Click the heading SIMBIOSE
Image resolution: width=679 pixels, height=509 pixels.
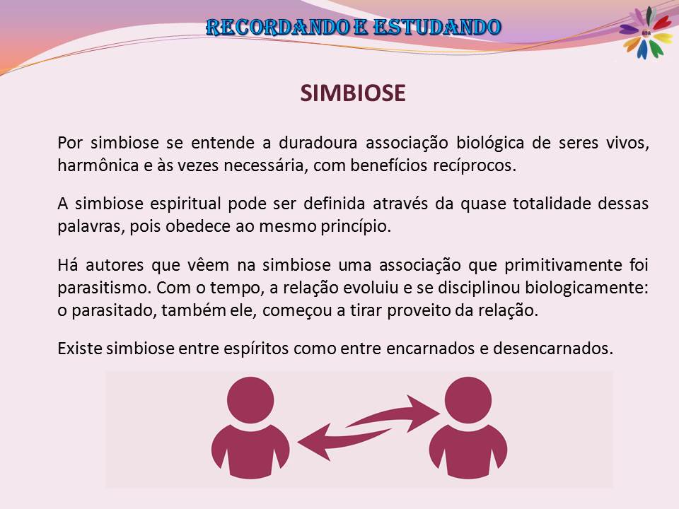pyautogui.click(x=353, y=93)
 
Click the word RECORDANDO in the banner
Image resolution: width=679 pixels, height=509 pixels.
pyautogui.click(x=277, y=28)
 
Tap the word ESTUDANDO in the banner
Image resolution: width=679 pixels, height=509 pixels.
pyautogui.click(x=437, y=28)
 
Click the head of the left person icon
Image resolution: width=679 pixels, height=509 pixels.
pyautogui.click(x=250, y=400)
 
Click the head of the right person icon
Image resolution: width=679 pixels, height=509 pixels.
pyautogui.click(x=468, y=400)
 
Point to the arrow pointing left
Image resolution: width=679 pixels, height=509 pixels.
pyautogui.click(x=344, y=441)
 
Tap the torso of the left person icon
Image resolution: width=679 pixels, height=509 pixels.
pyautogui.click(x=250, y=452)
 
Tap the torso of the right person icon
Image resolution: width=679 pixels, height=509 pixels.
pyautogui.click(x=468, y=452)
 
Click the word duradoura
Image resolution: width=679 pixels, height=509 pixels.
pyautogui.click(x=318, y=143)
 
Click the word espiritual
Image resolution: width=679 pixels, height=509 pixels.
pyautogui.click(x=185, y=204)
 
